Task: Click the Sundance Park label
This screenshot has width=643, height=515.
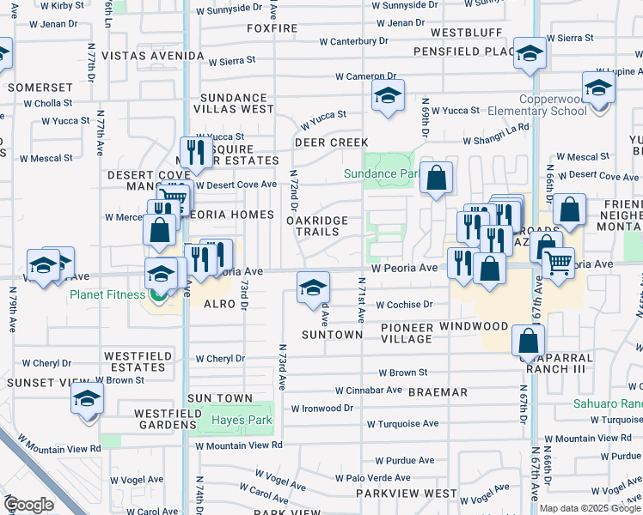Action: click(381, 173)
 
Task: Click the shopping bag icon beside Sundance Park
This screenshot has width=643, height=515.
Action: click(437, 179)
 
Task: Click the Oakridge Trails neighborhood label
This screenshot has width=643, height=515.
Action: click(317, 227)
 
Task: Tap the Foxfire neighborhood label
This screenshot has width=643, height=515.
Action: click(272, 28)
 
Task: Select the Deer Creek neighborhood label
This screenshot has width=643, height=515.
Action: click(331, 142)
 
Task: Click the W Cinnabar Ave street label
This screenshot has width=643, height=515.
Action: click(369, 390)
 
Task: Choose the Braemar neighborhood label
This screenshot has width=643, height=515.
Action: click(438, 392)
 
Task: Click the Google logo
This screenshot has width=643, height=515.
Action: click(28, 505)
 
